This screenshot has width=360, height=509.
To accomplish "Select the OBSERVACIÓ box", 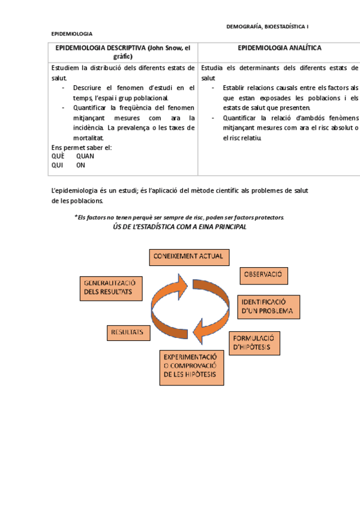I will click(x=264, y=276).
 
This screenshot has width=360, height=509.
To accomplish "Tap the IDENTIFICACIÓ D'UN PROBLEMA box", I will click(x=269, y=306).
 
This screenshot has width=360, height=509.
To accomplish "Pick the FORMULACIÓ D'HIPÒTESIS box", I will click(x=254, y=342).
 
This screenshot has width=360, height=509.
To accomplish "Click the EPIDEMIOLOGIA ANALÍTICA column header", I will click(x=279, y=48).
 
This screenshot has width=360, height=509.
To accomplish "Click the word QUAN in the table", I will click(x=85, y=156).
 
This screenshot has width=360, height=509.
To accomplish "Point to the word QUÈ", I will click(x=58, y=156).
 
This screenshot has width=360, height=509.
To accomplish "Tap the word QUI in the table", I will click(x=58, y=165).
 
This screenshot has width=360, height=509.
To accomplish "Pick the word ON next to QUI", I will click(x=80, y=165).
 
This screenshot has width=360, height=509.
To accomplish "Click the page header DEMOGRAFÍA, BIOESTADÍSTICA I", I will click(x=268, y=26).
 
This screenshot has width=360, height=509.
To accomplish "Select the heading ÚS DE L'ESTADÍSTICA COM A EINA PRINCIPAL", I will click(x=179, y=227).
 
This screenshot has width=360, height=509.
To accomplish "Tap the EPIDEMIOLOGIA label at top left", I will click(x=71, y=34).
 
